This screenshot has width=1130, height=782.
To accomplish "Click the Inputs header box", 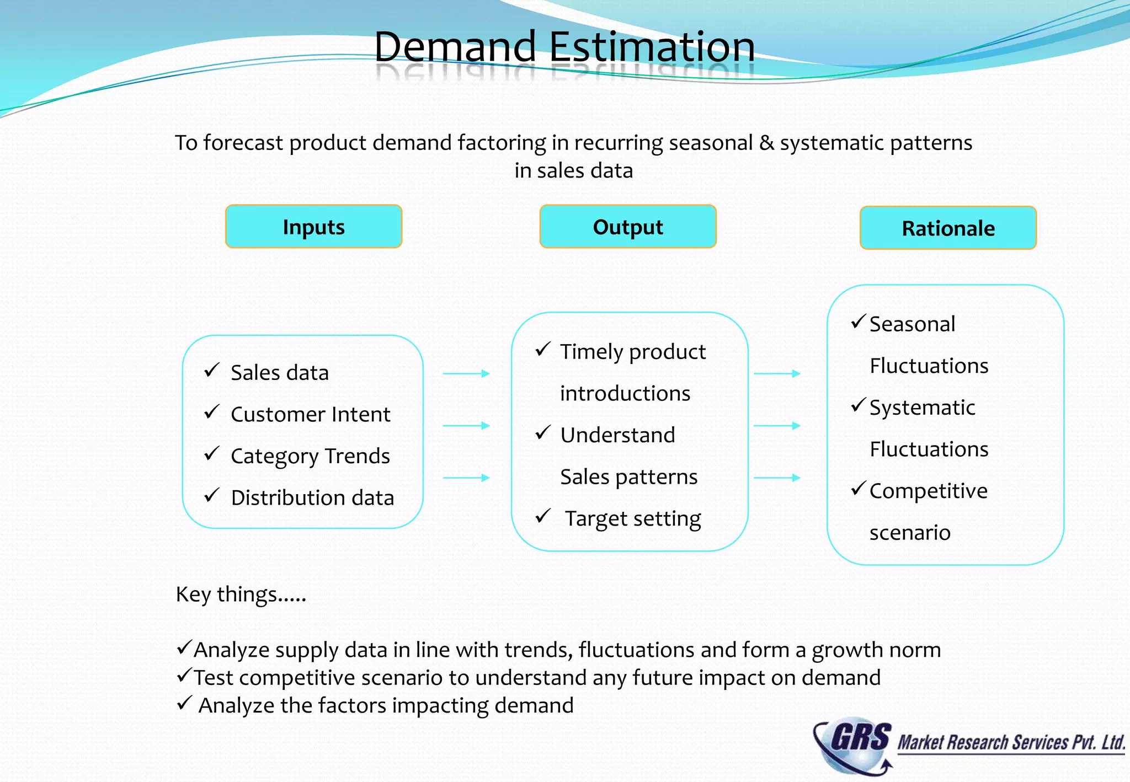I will pyautogui.click(x=313, y=227).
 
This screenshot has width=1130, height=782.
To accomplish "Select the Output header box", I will pyautogui.click(x=628, y=227).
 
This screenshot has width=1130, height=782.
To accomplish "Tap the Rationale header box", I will pyautogui.click(x=948, y=228).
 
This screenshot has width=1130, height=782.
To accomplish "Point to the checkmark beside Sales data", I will pyautogui.click(x=212, y=370).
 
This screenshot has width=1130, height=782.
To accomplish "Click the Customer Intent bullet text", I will pyautogui.click(x=310, y=415).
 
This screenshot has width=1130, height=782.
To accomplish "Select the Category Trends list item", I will pyautogui.click(x=310, y=457).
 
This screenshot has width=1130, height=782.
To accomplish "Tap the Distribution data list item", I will pyautogui.click(x=312, y=498).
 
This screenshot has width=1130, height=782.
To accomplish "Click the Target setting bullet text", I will pyautogui.click(x=632, y=519).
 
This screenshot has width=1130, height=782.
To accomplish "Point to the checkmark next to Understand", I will pyautogui.click(x=543, y=433).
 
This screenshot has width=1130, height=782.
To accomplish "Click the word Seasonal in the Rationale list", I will pyautogui.click(x=912, y=324).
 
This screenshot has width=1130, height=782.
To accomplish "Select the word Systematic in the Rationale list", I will pyautogui.click(x=922, y=408).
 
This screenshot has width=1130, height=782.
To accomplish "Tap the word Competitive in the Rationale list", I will pyautogui.click(x=928, y=491).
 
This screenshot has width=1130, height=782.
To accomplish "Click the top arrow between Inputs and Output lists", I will pyautogui.click(x=466, y=374).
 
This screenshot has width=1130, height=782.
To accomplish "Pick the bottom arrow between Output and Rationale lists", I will pyautogui.click(x=777, y=478).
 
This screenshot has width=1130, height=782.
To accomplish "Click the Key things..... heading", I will pyautogui.click(x=241, y=594).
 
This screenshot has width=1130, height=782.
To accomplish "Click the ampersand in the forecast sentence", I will pyautogui.click(x=766, y=143).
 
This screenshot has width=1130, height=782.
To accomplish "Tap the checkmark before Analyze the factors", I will pyautogui.click(x=184, y=703).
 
